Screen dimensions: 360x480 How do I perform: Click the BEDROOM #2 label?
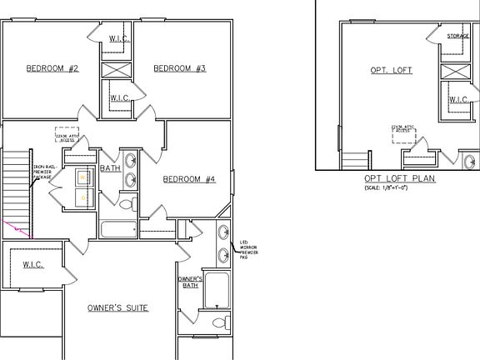[x=52, y=68]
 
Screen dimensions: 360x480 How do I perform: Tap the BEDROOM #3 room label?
[x=179, y=68]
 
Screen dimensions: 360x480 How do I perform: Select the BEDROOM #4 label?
[x=189, y=179]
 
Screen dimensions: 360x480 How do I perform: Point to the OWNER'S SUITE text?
[x=117, y=308]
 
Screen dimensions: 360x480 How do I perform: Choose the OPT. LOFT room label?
[x=392, y=70]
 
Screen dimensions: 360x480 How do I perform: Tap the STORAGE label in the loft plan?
[x=458, y=37]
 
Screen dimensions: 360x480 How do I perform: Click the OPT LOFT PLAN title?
[x=399, y=179]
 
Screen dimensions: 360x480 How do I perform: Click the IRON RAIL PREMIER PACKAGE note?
[x=42, y=172]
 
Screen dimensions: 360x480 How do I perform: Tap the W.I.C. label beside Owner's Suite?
[x=32, y=265]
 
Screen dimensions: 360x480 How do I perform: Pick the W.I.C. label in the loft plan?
[x=459, y=99]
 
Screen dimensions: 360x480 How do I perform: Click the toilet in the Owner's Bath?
[x=219, y=322]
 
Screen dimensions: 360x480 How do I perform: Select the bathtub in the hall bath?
[x=117, y=229]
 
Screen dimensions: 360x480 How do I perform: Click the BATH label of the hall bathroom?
[x=111, y=168]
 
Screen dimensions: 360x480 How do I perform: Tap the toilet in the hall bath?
[x=127, y=202]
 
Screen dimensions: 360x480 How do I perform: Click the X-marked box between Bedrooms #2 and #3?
[x=116, y=67]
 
